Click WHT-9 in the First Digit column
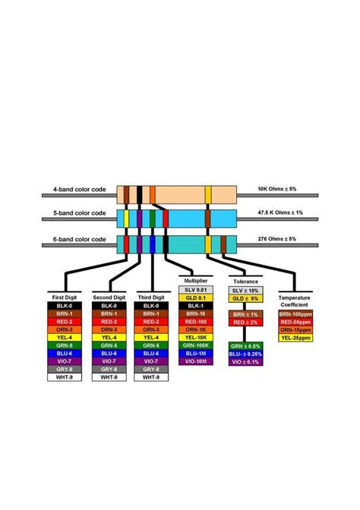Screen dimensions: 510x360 [x=63, y=376]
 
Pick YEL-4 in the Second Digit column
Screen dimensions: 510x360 [x=107, y=338]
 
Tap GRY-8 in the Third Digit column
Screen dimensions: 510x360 [x=150, y=369]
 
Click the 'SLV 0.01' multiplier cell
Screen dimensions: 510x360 [x=196, y=290]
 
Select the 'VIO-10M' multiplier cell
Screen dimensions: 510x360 [x=196, y=360]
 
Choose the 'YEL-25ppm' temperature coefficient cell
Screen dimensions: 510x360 [x=295, y=338]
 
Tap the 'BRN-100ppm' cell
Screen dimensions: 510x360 [x=295, y=313]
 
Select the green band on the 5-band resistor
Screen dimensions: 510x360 [x=153, y=219]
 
